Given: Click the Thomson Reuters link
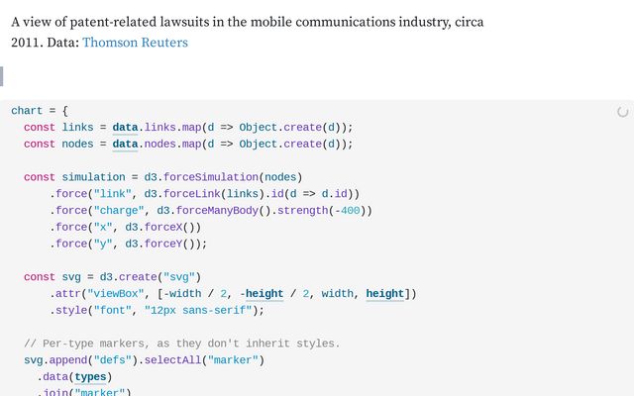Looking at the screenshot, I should point(135,43).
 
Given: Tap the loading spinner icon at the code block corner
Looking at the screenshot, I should point(622,113).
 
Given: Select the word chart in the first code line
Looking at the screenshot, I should point(27,111).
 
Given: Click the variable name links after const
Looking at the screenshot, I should point(77,128).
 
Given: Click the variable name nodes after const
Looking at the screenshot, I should point(77,144).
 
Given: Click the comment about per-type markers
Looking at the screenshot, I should point(181,344).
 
